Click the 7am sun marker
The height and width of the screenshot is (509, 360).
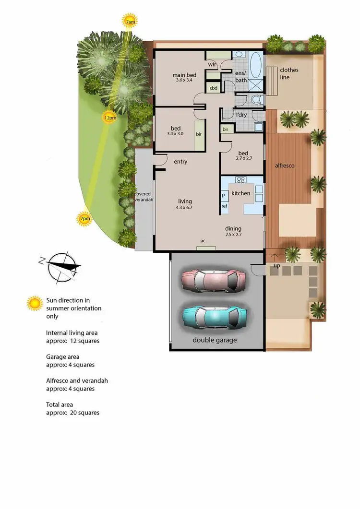coord(130,22)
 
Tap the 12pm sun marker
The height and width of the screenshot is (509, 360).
coord(109,118)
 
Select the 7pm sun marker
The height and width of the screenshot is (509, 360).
coord(84,219)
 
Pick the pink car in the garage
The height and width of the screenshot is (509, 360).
coord(214,280)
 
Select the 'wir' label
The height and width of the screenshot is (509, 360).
coord(211,64)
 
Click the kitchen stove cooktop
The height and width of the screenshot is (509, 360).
coord(241,180)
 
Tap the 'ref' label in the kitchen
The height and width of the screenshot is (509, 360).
coord(224,206)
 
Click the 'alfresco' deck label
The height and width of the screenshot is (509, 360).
coord(285,166)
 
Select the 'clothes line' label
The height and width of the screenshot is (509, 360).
coord(289,73)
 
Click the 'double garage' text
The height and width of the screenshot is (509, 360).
coord(215,340)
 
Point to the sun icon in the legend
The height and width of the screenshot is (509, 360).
coord(35,303)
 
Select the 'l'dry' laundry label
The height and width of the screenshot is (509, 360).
coord(241,115)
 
